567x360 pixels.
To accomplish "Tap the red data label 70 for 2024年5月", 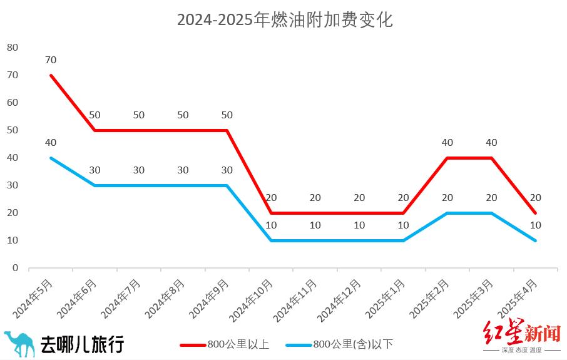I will pos(51,60).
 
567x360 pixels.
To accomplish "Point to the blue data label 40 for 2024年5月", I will pos(51,143).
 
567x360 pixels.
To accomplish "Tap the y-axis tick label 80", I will pos(13,48).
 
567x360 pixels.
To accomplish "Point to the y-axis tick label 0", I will pos(16,268).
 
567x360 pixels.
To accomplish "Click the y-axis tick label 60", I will pos(13,103).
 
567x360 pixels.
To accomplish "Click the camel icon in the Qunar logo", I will pos(19,344).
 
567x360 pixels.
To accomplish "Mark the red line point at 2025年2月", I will pos(447,158).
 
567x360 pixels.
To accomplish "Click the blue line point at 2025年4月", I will pos(536,240).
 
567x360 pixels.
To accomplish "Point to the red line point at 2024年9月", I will pos(227,130).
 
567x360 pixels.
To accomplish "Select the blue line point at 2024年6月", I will pos(95,185).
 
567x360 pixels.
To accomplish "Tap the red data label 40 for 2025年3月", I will pos(491,143).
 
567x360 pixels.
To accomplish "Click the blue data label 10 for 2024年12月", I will pos(359,225).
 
